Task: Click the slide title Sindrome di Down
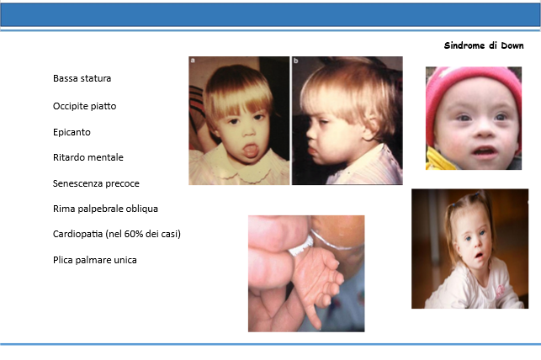(x=484, y=45)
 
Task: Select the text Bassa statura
(x=82, y=78)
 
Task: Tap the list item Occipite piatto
(x=84, y=106)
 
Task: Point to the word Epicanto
(x=72, y=132)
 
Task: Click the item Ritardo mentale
(x=88, y=157)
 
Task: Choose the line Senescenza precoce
(x=96, y=183)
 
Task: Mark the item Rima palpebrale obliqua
(x=105, y=209)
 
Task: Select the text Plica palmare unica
(x=94, y=260)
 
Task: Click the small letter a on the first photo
(x=193, y=61)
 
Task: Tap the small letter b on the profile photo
(x=295, y=61)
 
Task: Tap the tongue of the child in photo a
(x=251, y=151)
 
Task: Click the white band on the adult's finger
(x=301, y=247)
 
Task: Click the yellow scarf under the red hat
(x=439, y=159)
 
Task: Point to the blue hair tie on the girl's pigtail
(x=476, y=195)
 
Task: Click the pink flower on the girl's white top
(x=499, y=291)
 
